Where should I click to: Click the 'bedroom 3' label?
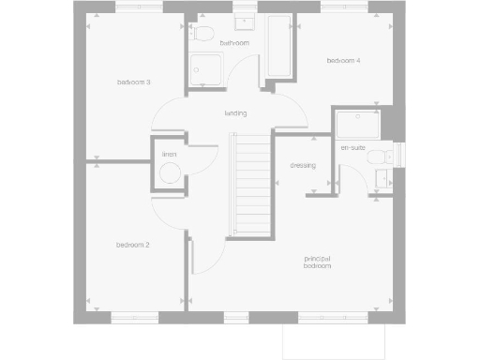point(134,82)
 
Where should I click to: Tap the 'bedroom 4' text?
point(343,61)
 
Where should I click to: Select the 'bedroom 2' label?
point(133,245)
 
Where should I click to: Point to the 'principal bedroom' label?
point(317,262)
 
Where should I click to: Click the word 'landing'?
point(235,113)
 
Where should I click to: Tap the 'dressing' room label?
point(303,165)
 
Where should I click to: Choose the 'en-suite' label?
point(352,148)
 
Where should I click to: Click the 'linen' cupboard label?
point(170,155)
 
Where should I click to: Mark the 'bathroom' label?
point(234,43)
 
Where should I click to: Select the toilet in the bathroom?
point(203,35)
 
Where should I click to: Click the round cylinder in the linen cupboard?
point(170,173)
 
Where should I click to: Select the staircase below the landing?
point(250,187)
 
